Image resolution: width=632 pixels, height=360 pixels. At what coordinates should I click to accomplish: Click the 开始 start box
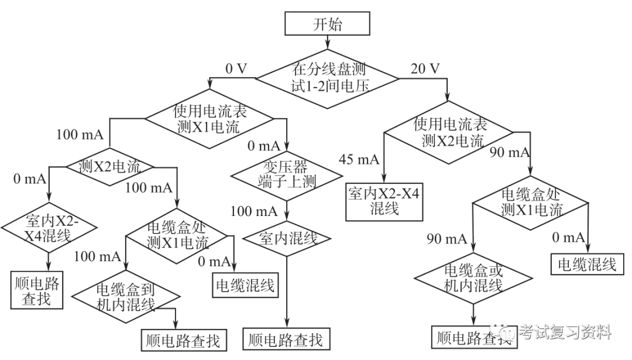click(327, 25)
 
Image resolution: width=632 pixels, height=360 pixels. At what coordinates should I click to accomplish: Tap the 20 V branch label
click(425, 68)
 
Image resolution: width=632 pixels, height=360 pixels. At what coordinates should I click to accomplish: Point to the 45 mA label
click(359, 159)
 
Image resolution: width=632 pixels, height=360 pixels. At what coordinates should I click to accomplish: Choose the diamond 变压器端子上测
click(286, 174)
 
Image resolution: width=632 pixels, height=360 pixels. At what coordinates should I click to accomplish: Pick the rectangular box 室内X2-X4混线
click(383, 201)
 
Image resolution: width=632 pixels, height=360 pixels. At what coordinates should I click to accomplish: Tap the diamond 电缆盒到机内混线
click(124, 296)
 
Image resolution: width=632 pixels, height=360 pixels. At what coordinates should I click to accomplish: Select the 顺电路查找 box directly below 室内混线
click(286, 339)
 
